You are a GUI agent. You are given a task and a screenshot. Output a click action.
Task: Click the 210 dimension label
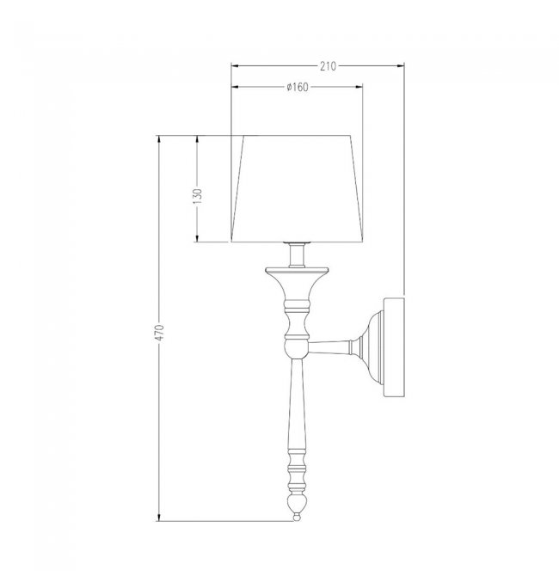[x=328, y=66]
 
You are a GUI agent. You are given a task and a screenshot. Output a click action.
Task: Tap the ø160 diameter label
[x=298, y=87]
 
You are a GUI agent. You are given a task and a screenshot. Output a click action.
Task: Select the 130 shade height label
[x=198, y=196]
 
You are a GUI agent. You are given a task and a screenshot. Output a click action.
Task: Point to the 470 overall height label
[x=159, y=333]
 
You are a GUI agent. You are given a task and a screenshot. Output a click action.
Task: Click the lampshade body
[x=297, y=189]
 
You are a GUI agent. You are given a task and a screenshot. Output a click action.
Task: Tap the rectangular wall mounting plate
[x=394, y=347]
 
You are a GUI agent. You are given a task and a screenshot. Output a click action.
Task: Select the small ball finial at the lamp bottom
[x=297, y=517]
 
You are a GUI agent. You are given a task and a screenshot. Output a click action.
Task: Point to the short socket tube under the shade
[x=297, y=255]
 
